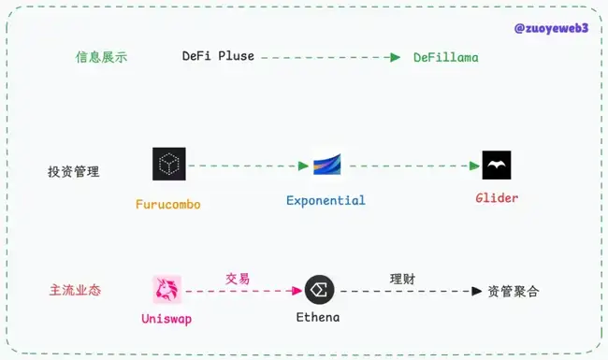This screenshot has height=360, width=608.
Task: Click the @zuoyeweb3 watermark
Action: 551,28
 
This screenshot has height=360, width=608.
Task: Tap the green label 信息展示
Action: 102,57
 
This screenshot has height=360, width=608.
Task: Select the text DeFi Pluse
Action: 218,57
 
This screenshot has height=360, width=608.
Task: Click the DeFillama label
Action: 446,57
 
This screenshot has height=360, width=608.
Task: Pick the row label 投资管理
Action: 74,172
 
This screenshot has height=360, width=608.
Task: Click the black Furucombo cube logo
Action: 169,165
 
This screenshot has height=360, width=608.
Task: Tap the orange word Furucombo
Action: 168,204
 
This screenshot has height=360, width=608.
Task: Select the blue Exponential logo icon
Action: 326,165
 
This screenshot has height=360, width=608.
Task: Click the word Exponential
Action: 326,200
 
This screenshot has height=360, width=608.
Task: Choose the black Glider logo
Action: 497,166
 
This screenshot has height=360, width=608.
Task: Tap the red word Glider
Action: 496,198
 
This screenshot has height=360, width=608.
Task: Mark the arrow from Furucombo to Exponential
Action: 248,166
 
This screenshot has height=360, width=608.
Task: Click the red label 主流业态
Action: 75,291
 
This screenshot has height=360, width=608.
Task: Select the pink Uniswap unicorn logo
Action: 168,290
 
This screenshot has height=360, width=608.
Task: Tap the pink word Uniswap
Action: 168,319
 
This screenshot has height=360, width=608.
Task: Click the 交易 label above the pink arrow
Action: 238,279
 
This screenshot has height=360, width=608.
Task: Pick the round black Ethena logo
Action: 320,290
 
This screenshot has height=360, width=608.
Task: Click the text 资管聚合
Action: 514,291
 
